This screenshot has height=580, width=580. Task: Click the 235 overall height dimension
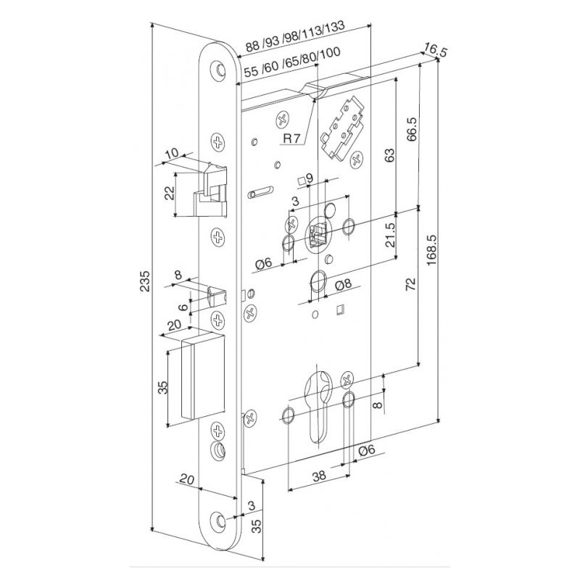[x=144, y=281]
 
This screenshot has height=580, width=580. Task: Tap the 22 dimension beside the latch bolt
[x=167, y=191]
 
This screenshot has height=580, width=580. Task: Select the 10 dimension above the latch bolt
[x=172, y=154]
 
